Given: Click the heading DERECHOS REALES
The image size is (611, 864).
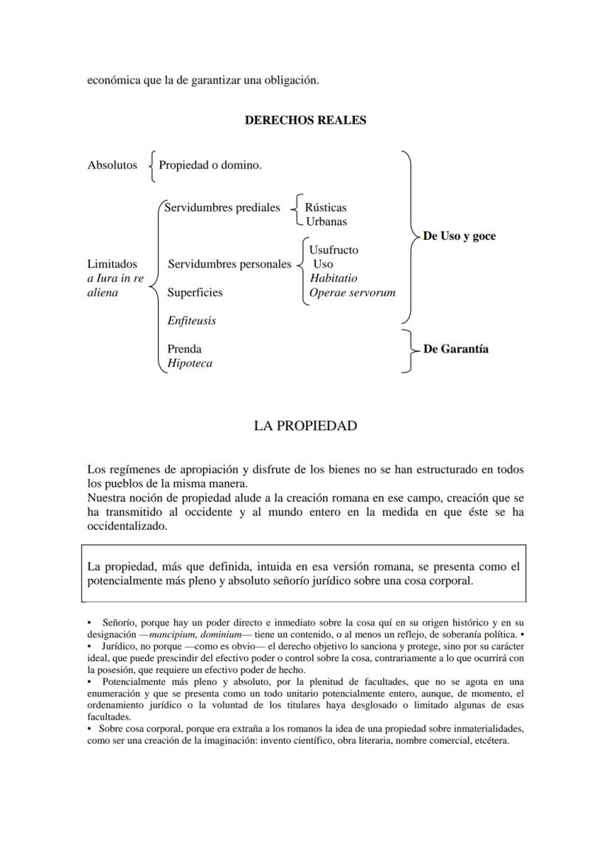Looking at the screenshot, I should coord(305,120).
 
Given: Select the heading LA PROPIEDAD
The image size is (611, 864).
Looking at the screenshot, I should coord(305,426).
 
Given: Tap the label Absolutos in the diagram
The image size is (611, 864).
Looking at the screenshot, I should coord(112,165).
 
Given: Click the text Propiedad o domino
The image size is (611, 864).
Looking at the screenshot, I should coord(210,165).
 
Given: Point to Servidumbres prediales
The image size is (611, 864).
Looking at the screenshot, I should coord(222,207).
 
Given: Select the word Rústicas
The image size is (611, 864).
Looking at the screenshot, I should coord(325,208).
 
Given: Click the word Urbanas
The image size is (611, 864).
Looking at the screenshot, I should coord(325,221).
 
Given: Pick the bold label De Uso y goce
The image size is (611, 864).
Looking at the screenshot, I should coord(459,236).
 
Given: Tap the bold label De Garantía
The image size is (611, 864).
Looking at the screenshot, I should coord(455,349).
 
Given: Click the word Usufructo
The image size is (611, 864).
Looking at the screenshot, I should coord(334,250).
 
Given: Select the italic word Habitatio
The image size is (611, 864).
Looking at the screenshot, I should coord(334,278).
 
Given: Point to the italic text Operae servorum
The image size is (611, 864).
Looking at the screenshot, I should coord(352,292).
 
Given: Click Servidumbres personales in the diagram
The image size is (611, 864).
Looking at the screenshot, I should coord(229,264).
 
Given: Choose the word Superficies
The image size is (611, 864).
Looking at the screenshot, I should coord(195,292).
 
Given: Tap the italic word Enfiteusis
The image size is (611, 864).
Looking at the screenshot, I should coord(192,321).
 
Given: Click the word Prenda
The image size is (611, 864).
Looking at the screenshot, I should coord(184,349).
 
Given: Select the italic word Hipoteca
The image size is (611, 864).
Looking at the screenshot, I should coord(190,363).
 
